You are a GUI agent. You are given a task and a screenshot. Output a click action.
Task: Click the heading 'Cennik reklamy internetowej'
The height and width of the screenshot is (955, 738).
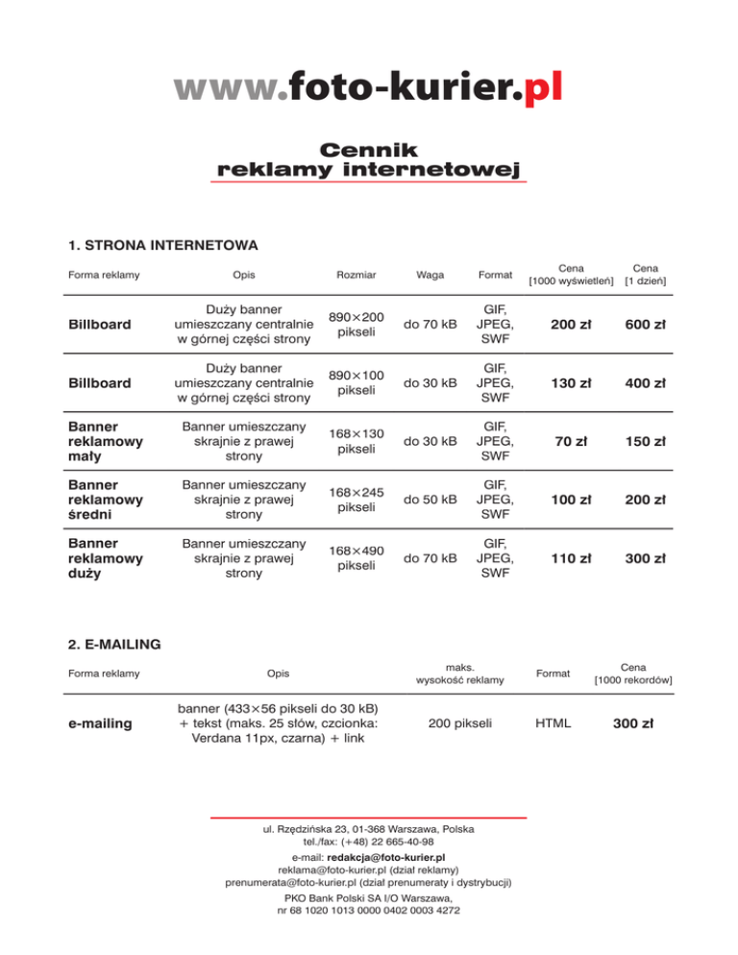pos(369,160)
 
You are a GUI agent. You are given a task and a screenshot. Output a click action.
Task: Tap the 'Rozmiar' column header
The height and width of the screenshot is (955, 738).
pos(357,276)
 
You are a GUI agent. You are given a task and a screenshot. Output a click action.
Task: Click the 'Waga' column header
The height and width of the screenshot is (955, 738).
pos(430,276)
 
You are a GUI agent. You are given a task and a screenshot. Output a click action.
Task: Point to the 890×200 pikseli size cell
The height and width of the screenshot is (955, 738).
pos(357,324)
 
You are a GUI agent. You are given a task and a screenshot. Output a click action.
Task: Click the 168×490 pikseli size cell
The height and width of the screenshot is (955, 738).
pos(357,558)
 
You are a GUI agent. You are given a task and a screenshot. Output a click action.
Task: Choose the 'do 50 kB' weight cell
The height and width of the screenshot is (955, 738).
pos(430,501)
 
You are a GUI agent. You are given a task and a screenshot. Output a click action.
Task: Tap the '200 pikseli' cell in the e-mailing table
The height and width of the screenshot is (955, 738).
pos(459,722)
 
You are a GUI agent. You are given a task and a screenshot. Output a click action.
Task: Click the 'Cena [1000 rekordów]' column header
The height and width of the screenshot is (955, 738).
pos(632,673)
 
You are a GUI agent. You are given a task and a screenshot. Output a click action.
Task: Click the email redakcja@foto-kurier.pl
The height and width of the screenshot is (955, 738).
pos(385,855)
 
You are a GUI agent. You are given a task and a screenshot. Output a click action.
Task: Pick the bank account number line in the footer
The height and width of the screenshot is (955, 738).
pos(368,909)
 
